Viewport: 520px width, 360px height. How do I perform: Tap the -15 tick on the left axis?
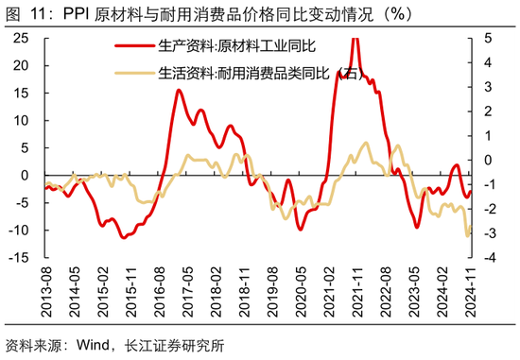pyautogui.click(x=23, y=258)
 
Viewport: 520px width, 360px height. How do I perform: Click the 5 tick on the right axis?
pyautogui.click(x=486, y=38)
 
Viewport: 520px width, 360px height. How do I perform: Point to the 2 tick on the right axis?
pyautogui.click(x=486, y=111)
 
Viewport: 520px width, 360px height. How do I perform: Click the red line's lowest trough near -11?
pyautogui.click(x=123, y=237)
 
